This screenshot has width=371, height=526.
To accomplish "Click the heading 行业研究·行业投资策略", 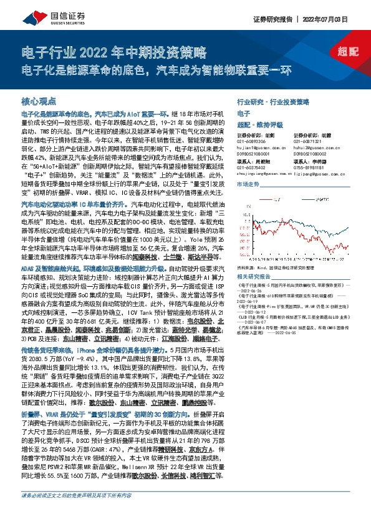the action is [274, 101].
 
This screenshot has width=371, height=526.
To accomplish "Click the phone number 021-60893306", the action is [251, 141].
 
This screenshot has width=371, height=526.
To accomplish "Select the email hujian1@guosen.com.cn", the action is [260, 147].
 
